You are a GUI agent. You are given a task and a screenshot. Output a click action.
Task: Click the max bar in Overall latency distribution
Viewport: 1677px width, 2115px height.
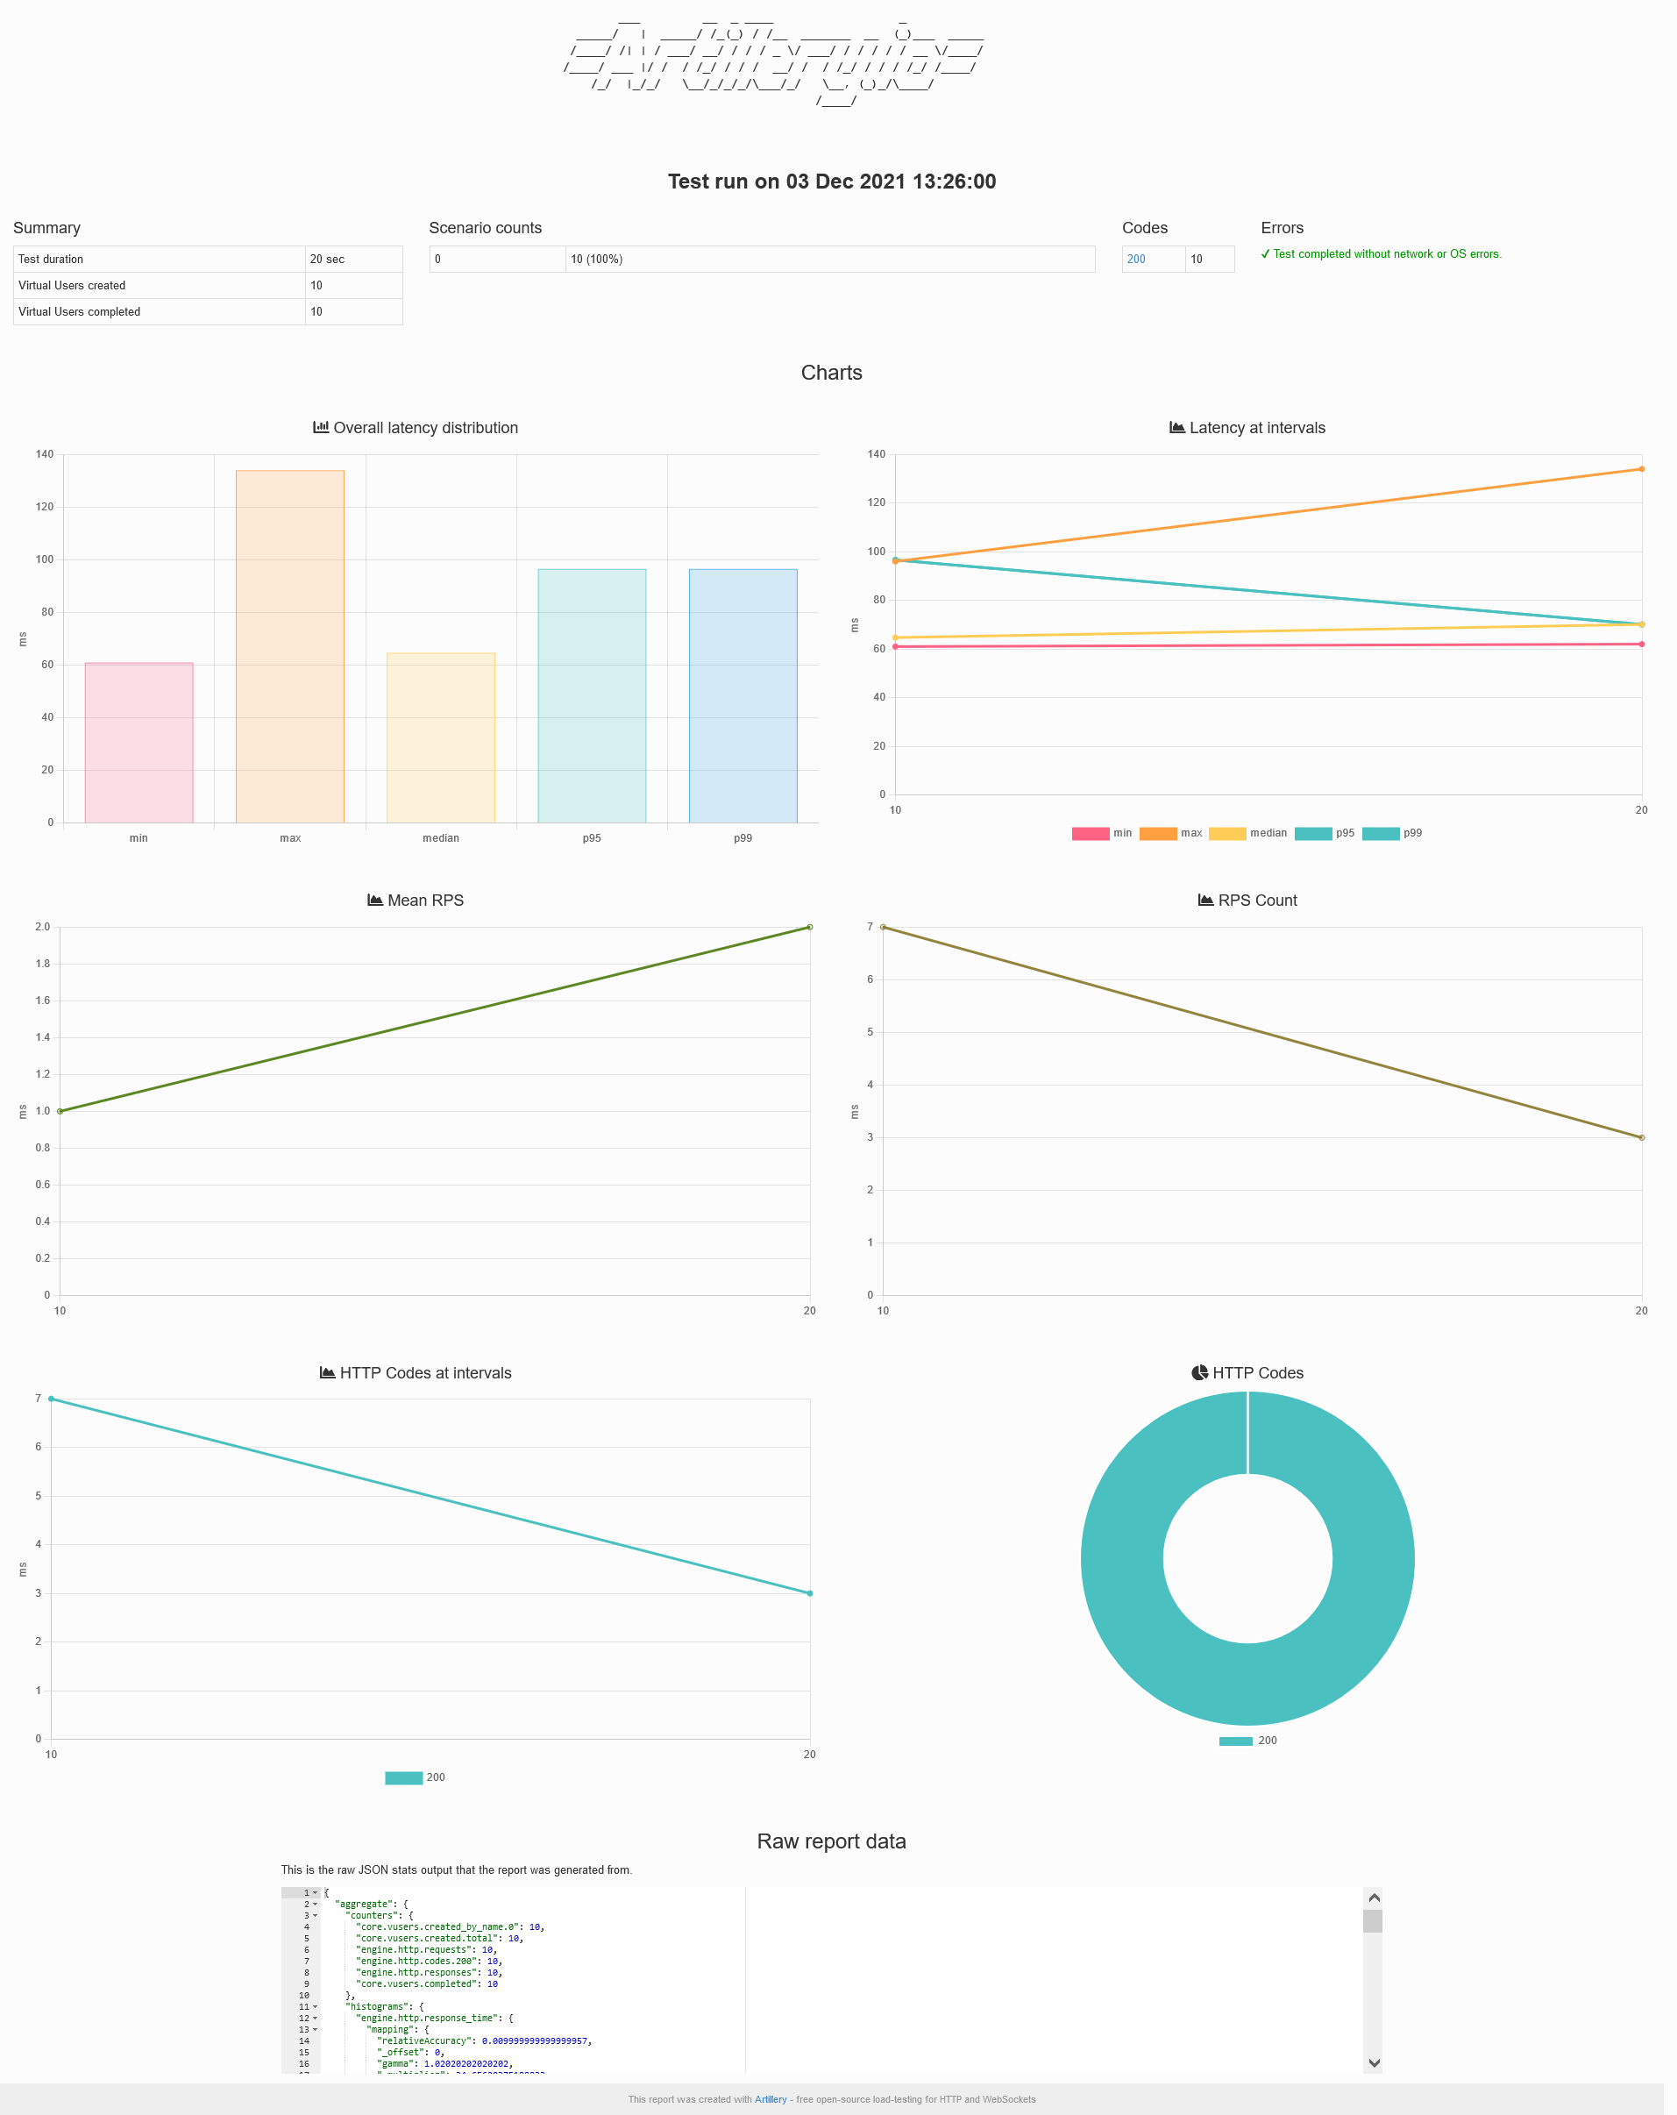pyautogui.click(x=289, y=646)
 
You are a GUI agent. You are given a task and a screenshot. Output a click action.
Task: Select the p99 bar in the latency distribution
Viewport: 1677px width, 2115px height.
pyautogui.click(x=743, y=695)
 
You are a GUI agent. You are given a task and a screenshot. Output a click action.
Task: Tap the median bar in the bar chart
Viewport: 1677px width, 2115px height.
pyautogui.click(x=440, y=737)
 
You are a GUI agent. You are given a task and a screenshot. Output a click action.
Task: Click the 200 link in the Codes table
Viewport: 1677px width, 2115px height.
pyautogui.click(x=1135, y=259)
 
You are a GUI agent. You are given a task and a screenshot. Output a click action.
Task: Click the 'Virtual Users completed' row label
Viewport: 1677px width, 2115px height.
pyautogui.click(x=80, y=312)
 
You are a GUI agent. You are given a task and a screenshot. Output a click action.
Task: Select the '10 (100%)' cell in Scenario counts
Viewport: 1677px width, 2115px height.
pyautogui.click(x=596, y=259)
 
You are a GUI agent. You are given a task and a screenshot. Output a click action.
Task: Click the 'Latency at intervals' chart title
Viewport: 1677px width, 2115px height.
pyautogui.click(x=1256, y=428)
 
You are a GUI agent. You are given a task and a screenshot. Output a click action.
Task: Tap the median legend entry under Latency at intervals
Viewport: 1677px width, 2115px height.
pyautogui.click(x=1247, y=833)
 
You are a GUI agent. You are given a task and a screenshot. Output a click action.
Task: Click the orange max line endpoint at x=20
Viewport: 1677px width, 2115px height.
pyautogui.click(x=1641, y=469)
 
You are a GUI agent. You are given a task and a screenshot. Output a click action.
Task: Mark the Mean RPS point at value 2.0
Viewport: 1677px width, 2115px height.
pyautogui.click(x=809, y=927)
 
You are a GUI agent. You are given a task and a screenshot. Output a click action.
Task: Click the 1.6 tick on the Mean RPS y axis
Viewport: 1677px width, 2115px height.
pyautogui.click(x=43, y=1001)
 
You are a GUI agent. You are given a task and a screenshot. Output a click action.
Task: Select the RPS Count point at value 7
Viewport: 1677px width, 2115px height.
pyautogui.click(x=884, y=927)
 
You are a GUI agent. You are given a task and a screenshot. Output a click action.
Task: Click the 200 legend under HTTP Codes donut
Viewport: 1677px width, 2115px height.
pyautogui.click(x=1248, y=1741)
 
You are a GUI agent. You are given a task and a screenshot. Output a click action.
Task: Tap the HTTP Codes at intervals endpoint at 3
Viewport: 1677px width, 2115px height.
pyautogui.click(x=809, y=1593)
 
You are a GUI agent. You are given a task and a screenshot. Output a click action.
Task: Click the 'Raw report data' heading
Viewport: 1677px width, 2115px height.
pyautogui.click(x=831, y=1841)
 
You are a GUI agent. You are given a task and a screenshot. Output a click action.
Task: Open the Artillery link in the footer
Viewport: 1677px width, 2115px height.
pyautogui.click(x=770, y=2099)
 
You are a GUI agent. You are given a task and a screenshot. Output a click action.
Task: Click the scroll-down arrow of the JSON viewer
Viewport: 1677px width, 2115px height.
pyautogui.click(x=1374, y=2062)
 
